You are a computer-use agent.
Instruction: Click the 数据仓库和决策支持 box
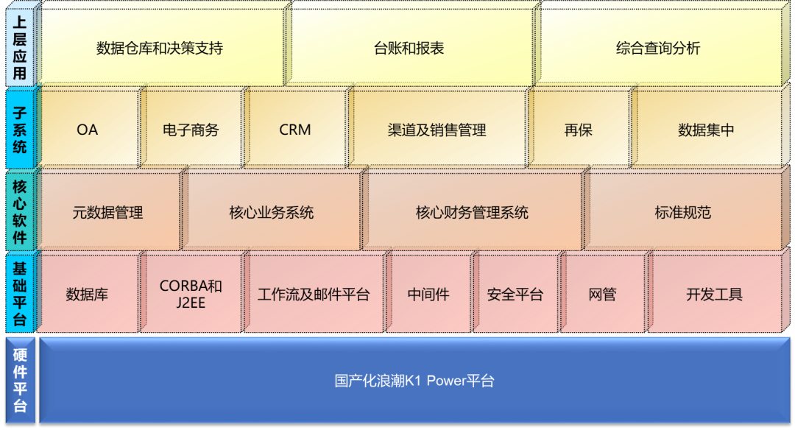[160, 49]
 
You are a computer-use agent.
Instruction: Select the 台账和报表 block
[409, 49]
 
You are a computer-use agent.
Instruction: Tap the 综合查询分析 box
[658, 49]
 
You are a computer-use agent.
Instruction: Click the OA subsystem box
[87, 130]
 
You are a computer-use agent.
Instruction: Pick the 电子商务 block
[191, 130]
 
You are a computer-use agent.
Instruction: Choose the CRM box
[295, 130]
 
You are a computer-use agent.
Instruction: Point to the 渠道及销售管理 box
[437, 130]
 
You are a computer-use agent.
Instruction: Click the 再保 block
[578, 130]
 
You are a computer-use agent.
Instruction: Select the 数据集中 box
[706, 130]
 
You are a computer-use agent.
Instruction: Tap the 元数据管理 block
[107, 213]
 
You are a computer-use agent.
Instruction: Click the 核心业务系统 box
[272, 213]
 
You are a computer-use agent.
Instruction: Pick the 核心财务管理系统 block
[472, 213]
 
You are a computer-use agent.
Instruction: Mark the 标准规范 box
[682, 213]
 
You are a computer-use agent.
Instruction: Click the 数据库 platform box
[87, 295]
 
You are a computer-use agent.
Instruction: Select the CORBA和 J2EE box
[191, 295]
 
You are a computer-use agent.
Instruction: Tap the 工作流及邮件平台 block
[314, 295]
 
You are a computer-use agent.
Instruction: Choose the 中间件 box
[428, 295]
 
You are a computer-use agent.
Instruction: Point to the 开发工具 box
[714, 295]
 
